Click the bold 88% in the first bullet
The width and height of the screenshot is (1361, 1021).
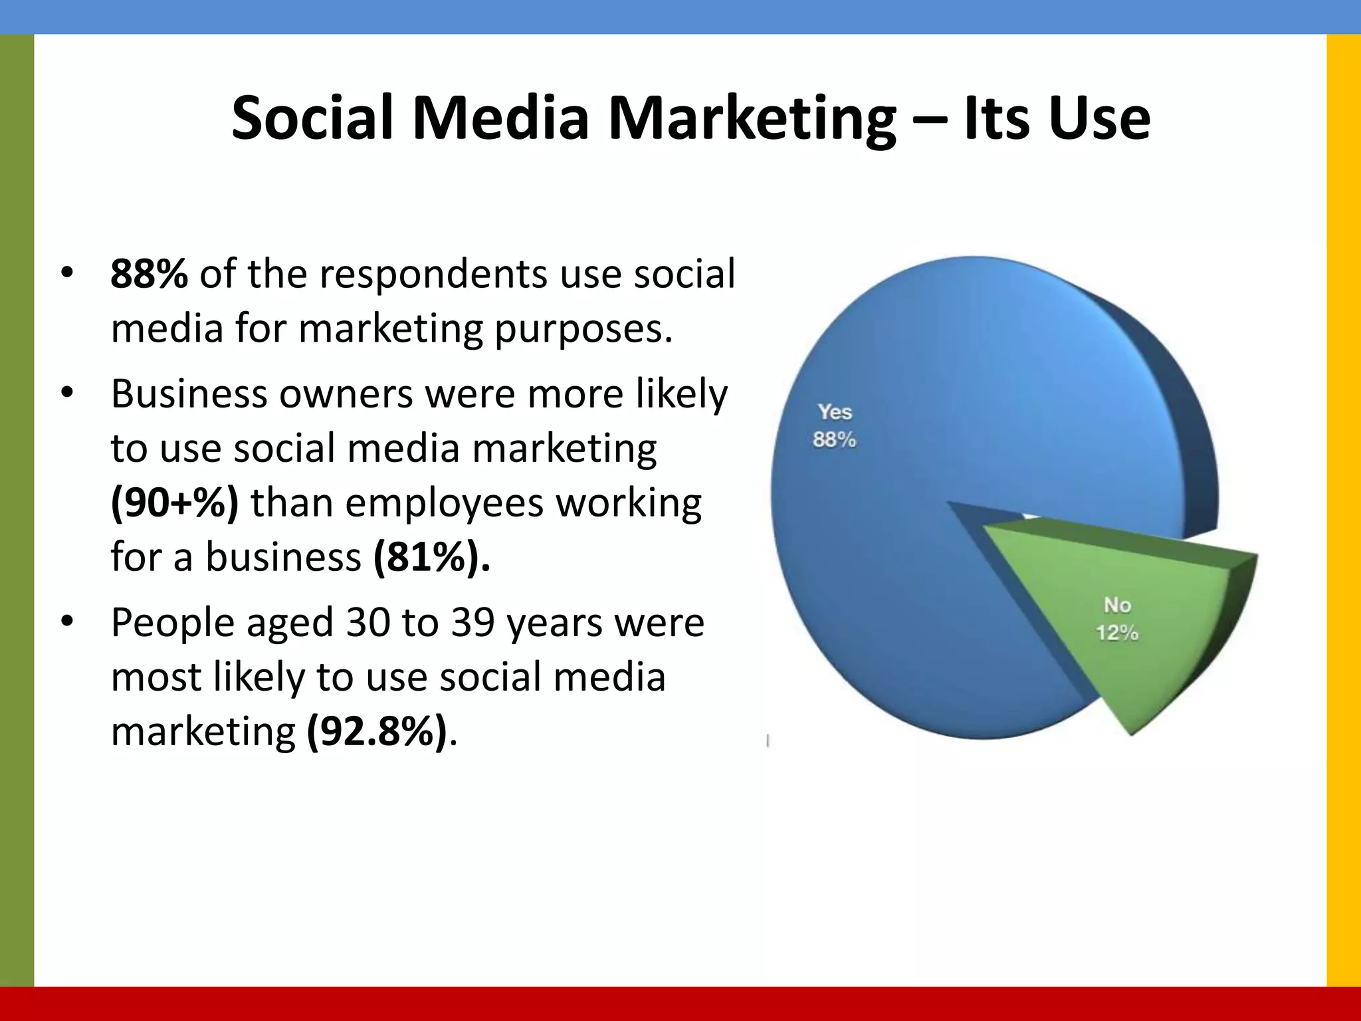(149, 274)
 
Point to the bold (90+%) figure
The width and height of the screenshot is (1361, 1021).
(174, 503)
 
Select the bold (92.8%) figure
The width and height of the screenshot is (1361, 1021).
(377, 732)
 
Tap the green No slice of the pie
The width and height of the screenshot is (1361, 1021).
(1123, 618)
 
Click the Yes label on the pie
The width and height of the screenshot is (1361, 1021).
(835, 412)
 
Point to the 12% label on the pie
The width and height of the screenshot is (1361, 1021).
(1117, 633)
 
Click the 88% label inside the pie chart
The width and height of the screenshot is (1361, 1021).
(835, 440)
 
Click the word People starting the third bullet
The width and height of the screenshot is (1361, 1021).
(173, 624)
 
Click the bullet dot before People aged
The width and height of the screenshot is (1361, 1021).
(66, 623)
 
